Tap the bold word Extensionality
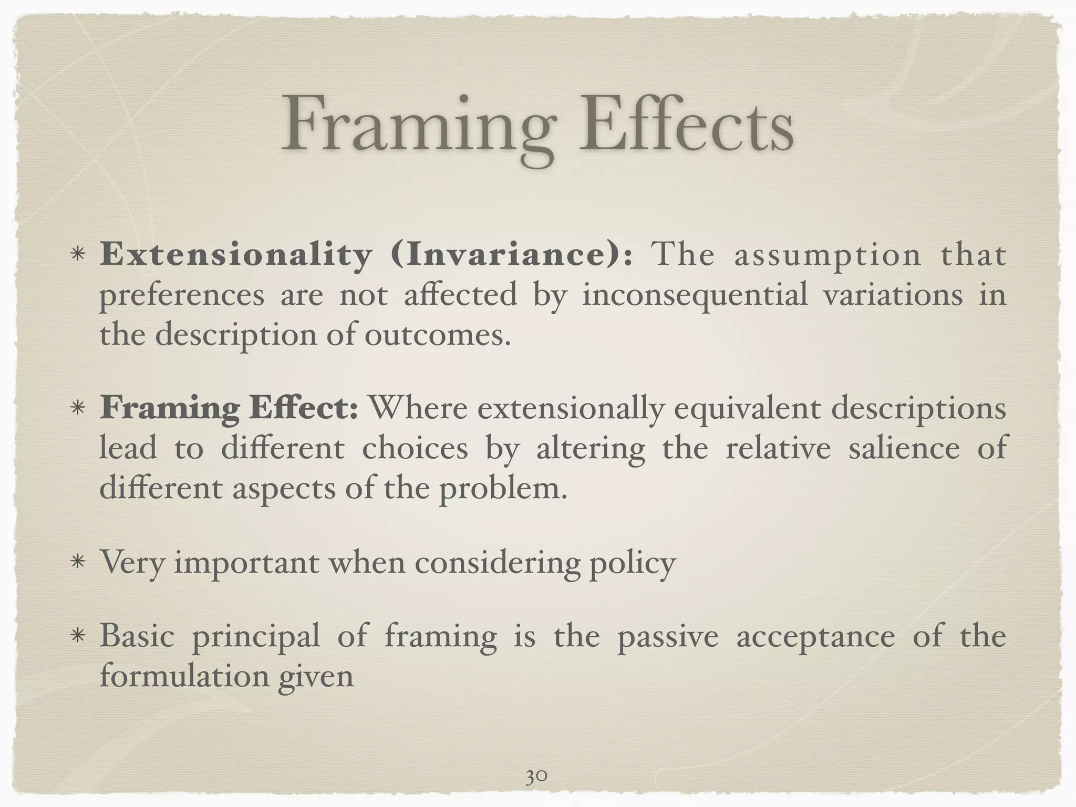tap(236, 255)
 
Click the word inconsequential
tap(695, 295)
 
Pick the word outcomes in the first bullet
tap(438, 335)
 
